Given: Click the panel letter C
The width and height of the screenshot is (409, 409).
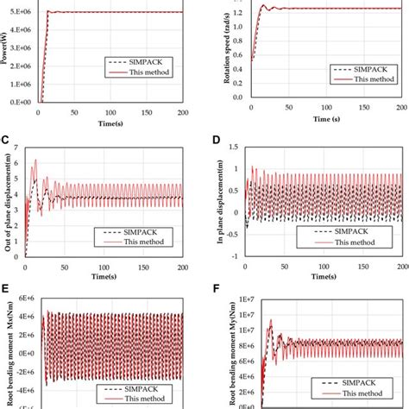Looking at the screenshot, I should (7, 138).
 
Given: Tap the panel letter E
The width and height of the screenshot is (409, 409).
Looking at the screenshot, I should (7, 290).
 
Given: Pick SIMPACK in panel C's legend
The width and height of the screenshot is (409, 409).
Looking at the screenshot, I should (142, 231).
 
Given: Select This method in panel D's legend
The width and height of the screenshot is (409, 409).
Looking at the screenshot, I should (357, 244).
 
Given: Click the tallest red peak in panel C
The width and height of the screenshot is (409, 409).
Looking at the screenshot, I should (35, 161).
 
